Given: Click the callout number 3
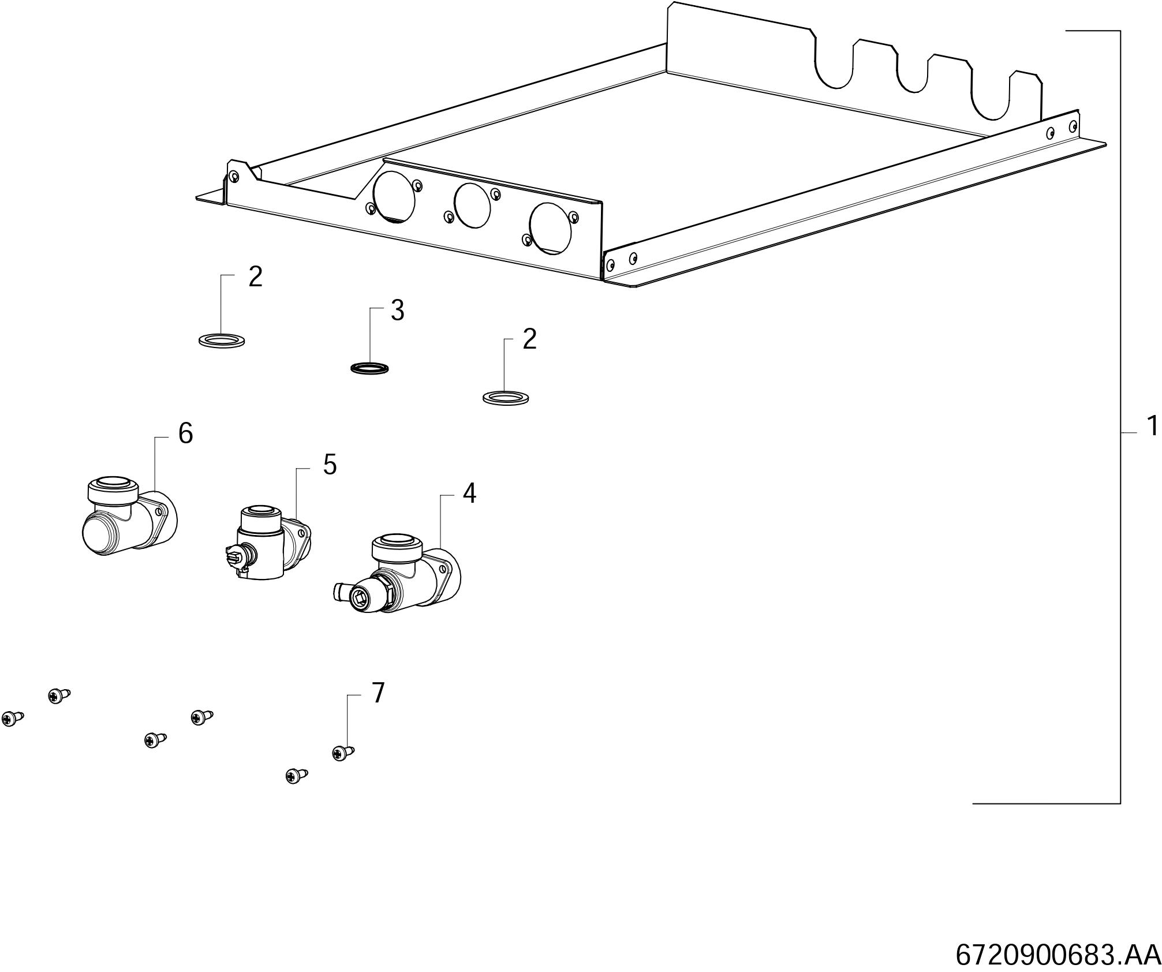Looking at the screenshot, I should pos(397,311).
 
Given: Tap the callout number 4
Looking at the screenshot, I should pos(469,494).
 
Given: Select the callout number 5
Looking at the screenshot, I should pos(330,465).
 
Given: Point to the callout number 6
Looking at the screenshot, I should pos(185,433).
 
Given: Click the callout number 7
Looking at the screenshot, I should pos(378,693).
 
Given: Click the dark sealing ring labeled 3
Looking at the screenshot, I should pos(370,368).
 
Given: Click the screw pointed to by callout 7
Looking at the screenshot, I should pos(342,753).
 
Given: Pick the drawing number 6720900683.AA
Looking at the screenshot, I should pos(1058,955).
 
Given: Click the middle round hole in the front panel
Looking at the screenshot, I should pos(472,206).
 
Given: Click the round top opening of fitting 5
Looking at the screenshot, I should pos(260,511).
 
